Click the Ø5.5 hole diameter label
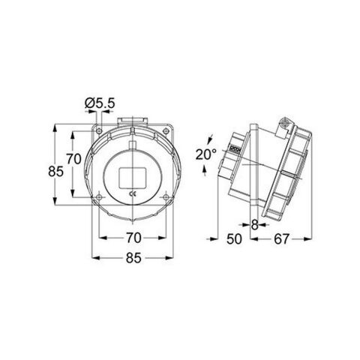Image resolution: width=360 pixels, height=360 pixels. [100, 103]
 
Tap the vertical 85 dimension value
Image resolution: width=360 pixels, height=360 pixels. [55, 172]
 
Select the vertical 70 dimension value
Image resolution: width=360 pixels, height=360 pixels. [73, 159]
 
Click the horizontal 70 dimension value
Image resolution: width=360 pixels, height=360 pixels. [133, 238]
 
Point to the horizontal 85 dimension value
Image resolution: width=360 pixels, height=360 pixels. [133, 258]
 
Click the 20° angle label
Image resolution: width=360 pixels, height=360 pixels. [205, 154]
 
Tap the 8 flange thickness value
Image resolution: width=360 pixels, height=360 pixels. [254, 225]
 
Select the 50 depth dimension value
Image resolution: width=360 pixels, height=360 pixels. [234, 239]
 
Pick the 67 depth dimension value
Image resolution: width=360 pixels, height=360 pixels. [281, 239]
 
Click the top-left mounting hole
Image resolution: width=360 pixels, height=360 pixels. [99, 130]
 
